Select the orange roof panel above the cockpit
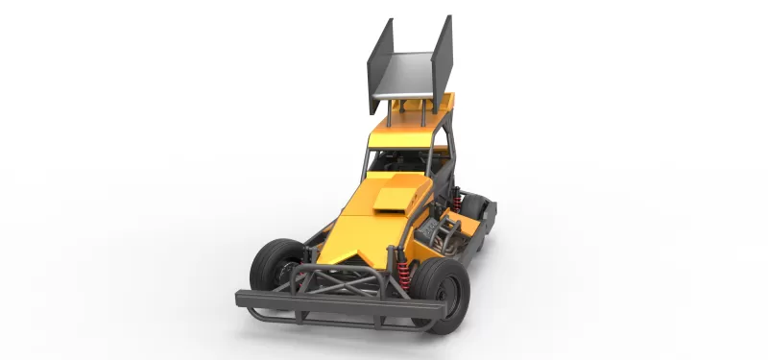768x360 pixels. (x=408, y=128)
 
